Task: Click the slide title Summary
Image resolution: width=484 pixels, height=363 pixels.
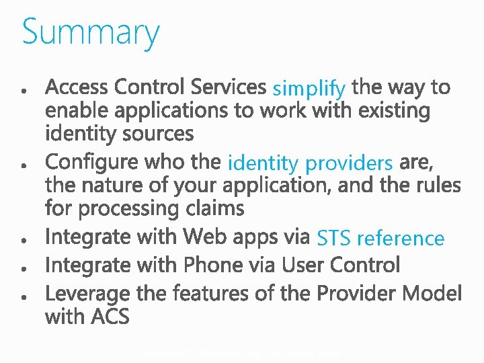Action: [91, 32]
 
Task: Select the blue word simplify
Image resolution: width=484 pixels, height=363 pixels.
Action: [309, 88]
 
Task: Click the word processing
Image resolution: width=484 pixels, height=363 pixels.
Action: [128, 208]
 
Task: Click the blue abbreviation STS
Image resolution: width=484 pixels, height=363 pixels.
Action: [334, 239]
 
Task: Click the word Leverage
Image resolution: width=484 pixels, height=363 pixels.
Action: [87, 294]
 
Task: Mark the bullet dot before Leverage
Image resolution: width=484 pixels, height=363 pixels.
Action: [24, 296]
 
